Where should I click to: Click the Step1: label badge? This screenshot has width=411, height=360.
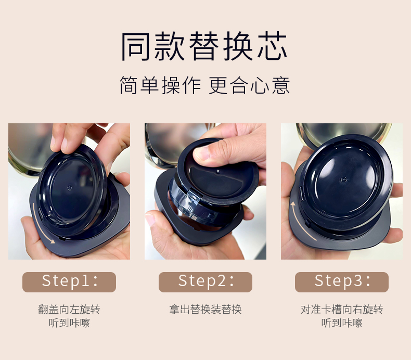[x=69, y=282]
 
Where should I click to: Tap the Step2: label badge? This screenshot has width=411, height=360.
[x=205, y=282]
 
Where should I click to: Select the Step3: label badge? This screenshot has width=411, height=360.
[x=342, y=282]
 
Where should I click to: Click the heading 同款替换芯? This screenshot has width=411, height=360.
[x=204, y=46]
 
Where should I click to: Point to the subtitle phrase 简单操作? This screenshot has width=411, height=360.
[x=160, y=85]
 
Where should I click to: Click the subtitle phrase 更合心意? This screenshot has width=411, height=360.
[x=250, y=85]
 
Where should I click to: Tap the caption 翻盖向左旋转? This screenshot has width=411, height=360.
[x=69, y=310]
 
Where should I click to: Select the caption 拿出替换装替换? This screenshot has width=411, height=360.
[x=205, y=310]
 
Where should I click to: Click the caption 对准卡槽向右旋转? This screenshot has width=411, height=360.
[x=342, y=310]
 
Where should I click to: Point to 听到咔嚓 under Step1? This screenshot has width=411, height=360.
[x=69, y=323]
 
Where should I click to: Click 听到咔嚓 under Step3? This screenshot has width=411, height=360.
[x=342, y=323]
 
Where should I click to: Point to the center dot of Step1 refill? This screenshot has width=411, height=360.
[x=70, y=188]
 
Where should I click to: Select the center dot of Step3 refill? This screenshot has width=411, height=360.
[x=344, y=180]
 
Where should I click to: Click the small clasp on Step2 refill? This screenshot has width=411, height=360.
[x=194, y=195]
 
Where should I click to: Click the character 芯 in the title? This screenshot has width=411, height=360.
[x=273, y=46]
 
